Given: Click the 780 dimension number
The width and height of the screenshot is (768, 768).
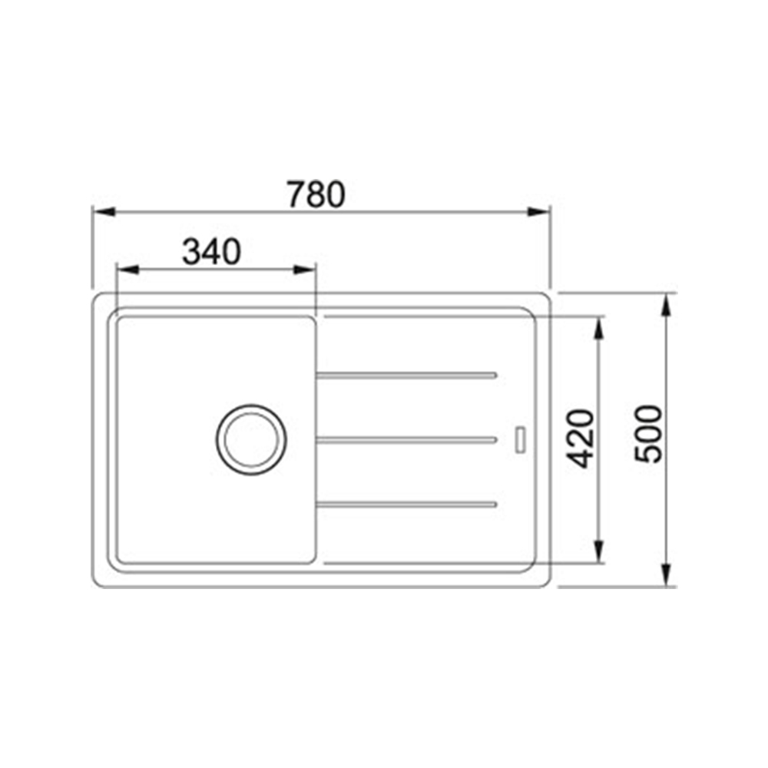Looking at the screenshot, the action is (316, 194).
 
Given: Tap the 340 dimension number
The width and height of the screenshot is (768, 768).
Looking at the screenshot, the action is (212, 252).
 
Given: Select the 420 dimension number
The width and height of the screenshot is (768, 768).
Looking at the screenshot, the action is (580, 439).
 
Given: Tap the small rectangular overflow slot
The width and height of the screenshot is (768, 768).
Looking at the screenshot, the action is (521, 440).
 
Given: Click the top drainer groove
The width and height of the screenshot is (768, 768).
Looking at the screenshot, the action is (406, 376).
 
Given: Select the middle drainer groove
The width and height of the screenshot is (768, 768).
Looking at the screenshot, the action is (406, 440).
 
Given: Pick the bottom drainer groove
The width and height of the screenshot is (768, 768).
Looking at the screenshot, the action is (406, 505).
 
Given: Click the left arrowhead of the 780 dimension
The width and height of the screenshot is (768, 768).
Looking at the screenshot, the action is (104, 212).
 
